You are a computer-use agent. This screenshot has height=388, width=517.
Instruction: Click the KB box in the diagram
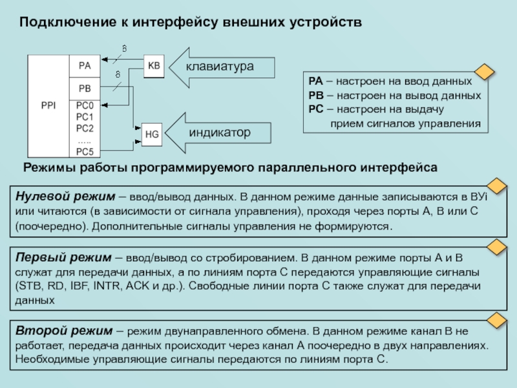[x=154, y=65]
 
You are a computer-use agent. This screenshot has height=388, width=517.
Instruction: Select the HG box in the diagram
[x=152, y=135]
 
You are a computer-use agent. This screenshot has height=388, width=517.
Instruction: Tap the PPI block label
[x=48, y=105]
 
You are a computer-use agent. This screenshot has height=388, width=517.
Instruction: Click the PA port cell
[x=85, y=65]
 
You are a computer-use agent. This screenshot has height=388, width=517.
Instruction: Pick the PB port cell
[x=85, y=88]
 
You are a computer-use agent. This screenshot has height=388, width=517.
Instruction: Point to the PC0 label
[x=85, y=105]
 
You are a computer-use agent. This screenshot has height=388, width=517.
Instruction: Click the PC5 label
[x=85, y=151]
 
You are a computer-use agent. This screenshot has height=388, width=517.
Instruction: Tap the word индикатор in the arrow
[x=220, y=133]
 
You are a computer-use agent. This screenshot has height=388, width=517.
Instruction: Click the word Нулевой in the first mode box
[x=38, y=195]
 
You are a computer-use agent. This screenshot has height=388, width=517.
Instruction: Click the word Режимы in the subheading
[x=47, y=167]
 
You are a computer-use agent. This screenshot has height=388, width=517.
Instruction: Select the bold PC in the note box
[x=315, y=109]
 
